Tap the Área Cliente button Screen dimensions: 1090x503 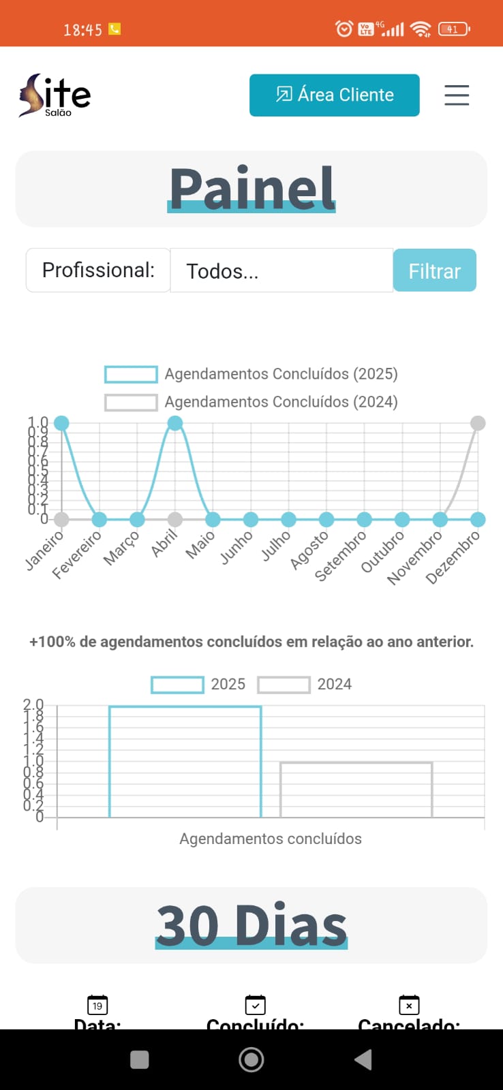click(x=334, y=95)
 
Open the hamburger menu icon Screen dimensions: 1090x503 click(x=457, y=95)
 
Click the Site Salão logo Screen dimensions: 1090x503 click(x=55, y=96)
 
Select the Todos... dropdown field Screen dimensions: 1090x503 click(x=281, y=270)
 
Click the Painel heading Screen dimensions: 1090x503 click(x=251, y=189)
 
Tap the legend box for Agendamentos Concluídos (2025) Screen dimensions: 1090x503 click(x=131, y=374)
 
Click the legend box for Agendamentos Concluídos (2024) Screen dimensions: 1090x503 click(x=131, y=402)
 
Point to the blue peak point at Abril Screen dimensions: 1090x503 click(x=175, y=423)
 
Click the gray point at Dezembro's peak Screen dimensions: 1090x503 click(x=478, y=423)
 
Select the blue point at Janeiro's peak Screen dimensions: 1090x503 click(x=61, y=423)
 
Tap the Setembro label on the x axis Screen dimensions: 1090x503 click(x=340, y=556)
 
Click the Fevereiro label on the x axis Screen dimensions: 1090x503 click(x=77, y=555)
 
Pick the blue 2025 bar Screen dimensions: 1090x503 click(x=185, y=762)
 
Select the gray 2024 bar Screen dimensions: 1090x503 click(x=356, y=790)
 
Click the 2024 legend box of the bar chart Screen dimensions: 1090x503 click(x=284, y=685)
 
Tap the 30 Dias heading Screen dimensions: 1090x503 click(x=251, y=925)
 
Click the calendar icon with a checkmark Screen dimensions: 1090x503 click(x=255, y=1005)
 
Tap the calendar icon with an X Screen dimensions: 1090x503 click(x=409, y=1005)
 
